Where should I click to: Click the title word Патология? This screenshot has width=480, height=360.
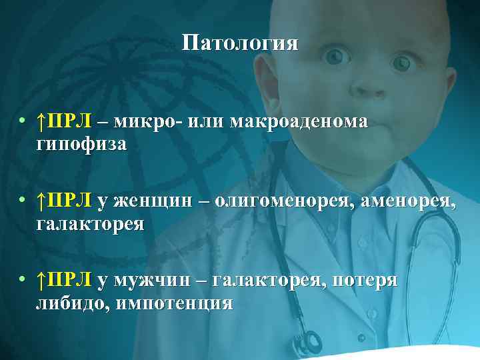pyautogui.click(x=241, y=45)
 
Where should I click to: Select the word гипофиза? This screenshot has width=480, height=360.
pyautogui.click(x=81, y=144)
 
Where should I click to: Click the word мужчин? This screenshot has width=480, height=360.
pyautogui.click(x=147, y=281)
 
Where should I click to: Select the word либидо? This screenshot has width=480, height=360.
pyautogui.click(x=71, y=303)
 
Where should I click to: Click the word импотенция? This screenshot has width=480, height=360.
pyautogui.click(x=175, y=303)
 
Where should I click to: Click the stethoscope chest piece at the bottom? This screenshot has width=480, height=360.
pyautogui.click(x=308, y=342)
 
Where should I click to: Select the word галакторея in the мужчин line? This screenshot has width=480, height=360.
pyautogui.click(x=268, y=281)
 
